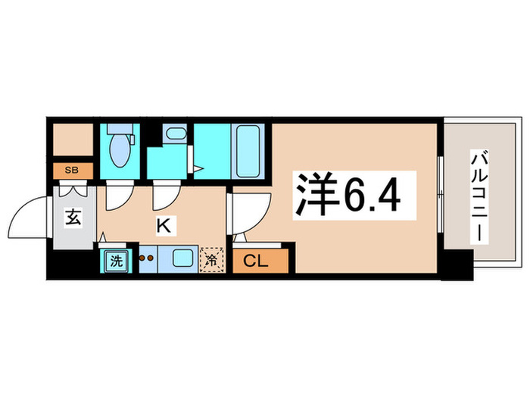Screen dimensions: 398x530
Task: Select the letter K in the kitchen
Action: pyautogui.click(x=162, y=224)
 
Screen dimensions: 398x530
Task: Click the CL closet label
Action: pyautogui.click(x=256, y=262)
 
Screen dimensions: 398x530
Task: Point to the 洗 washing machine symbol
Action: pyautogui.click(x=116, y=262)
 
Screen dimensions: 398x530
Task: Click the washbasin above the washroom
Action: pyautogui.click(x=173, y=136)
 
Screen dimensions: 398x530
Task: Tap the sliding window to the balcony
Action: pyautogui.click(x=440, y=193)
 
